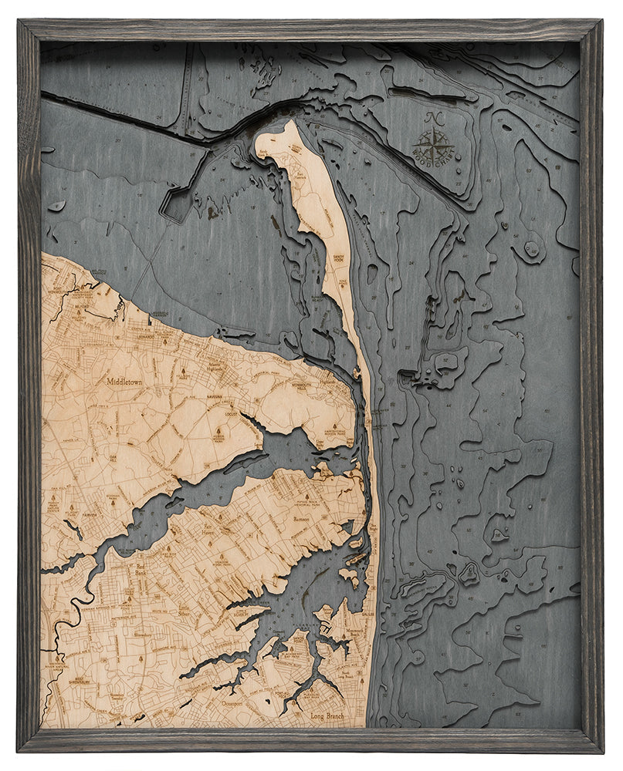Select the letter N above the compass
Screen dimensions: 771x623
(x=433, y=118)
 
